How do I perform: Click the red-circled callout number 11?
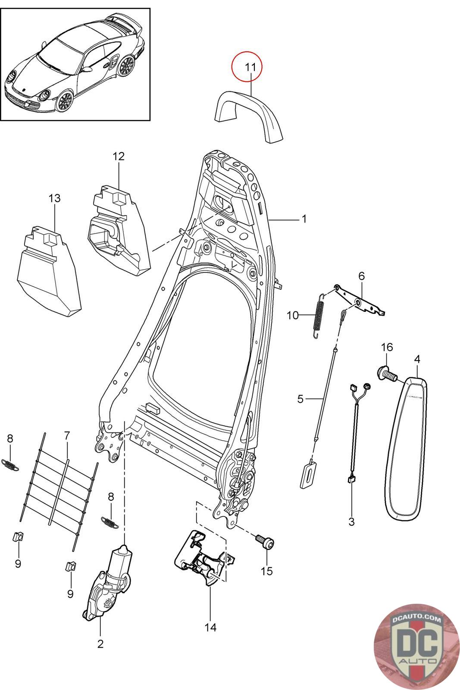(x=250, y=67)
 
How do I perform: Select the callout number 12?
(x=119, y=156)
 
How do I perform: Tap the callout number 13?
(x=54, y=198)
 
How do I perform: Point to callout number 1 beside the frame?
(x=304, y=219)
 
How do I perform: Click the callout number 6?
(x=361, y=276)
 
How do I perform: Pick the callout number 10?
(x=293, y=315)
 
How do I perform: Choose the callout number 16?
(x=387, y=347)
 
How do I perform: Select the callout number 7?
(x=67, y=435)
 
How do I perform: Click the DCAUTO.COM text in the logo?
(x=416, y=619)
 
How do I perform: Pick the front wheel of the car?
(x=64, y=101)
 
